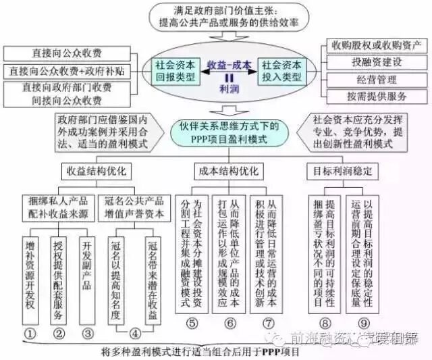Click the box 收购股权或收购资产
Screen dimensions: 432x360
click(376, 46)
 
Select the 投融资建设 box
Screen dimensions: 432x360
click(376, 62)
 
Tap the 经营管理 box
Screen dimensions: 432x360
click(376, 78)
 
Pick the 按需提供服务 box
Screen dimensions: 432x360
click(376, 95)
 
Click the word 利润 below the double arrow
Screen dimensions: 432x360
click(230, 88)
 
